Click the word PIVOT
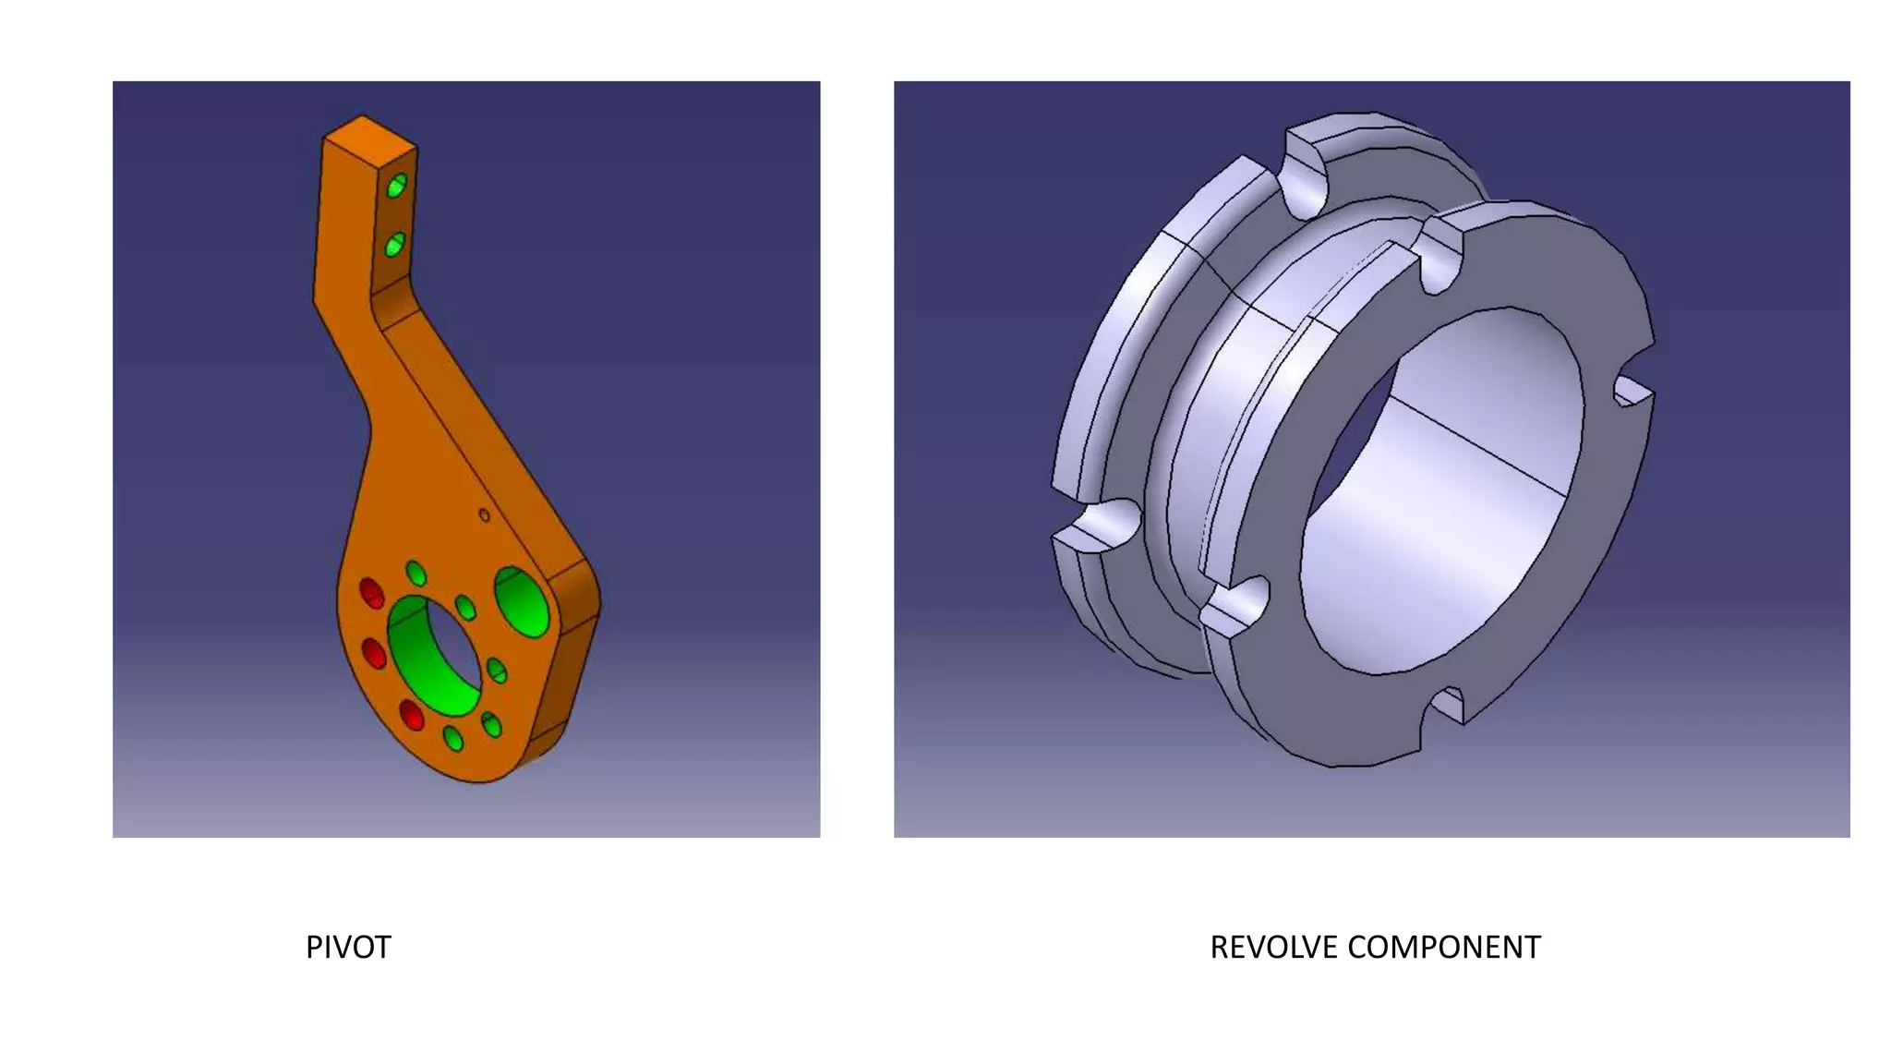coord(348,948)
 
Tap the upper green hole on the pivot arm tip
coord(396,186)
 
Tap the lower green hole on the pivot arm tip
coord(394,245)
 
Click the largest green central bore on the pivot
coord(433,657)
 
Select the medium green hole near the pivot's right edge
coord(523,602)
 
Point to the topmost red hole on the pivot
coord(371,593)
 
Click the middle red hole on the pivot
coord(374,653)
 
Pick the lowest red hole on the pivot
coord(411,715)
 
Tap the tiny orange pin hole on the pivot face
coord(484,515)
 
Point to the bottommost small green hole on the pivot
coord(453,739)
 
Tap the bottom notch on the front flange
coord(1449,706)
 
